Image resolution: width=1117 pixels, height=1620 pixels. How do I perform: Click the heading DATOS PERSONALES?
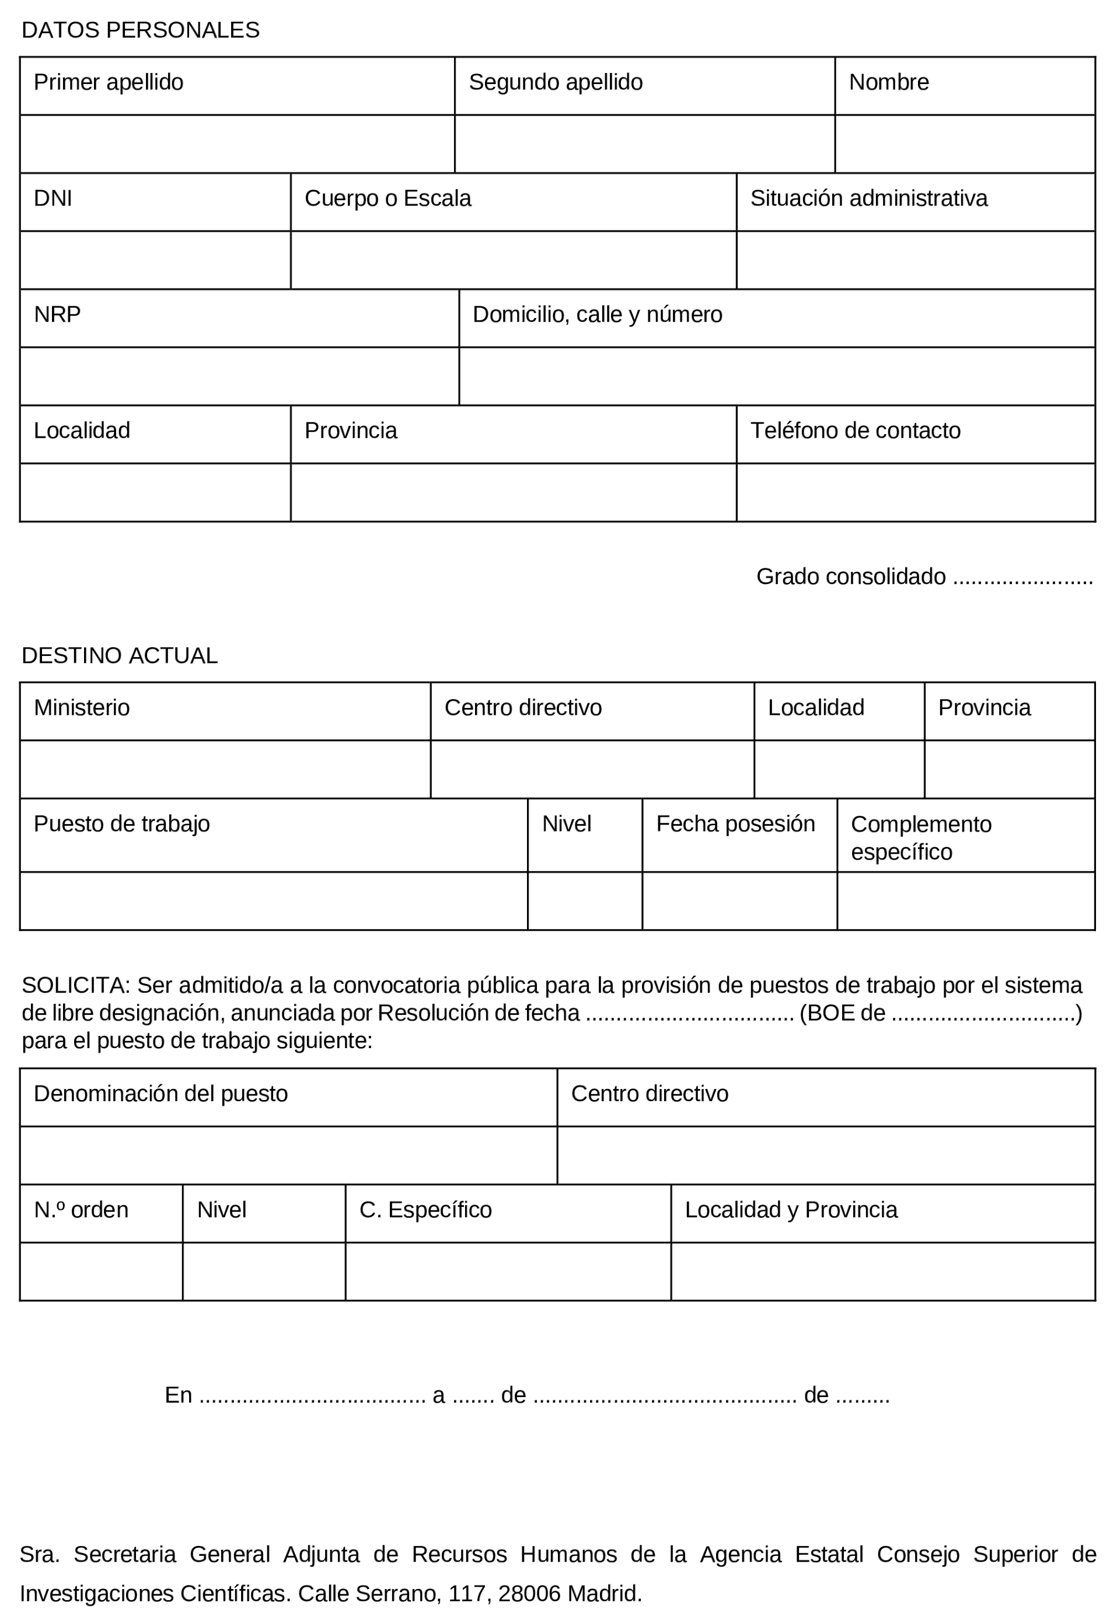click(140, 30)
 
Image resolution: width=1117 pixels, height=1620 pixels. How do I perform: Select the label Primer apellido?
click(109, 82)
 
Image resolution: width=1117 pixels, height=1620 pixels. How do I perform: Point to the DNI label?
click(53, 199)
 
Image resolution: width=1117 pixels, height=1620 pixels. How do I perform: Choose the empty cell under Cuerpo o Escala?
click(513, 260)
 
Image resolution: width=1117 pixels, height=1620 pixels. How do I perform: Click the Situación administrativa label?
click(868, 199)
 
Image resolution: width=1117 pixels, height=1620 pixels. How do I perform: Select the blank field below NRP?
click(239, 376)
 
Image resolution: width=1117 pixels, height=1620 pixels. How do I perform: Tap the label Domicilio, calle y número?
click(597, 315)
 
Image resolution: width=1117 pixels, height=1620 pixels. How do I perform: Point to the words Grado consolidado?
click(850, 577)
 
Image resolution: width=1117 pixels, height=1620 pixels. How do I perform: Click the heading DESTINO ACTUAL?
click(120, 656)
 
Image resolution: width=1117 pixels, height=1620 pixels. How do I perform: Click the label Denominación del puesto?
click(161, 1094)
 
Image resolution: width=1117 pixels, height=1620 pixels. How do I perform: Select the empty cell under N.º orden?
click(101, 1272)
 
